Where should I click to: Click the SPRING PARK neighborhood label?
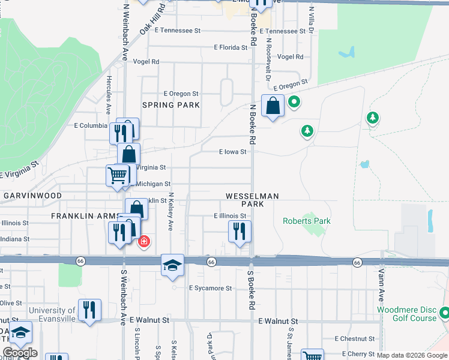tap(171, 105)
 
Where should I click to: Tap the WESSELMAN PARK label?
tap(252, 200)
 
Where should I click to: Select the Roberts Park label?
tap(307, 221)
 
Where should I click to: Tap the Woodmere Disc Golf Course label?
tap(406, 314)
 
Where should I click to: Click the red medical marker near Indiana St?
tap(144, 242)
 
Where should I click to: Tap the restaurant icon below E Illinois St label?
tap(240, 231)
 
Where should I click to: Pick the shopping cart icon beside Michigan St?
tap(118, 175)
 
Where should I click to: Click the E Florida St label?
tap(231, 47)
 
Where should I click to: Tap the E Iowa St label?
tap(232, 152)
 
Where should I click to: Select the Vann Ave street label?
tap(381, 285)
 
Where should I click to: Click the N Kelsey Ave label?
tap(170, 212)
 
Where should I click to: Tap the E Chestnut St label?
tap(355, 339)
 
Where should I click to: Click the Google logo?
tap(20, 353)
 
